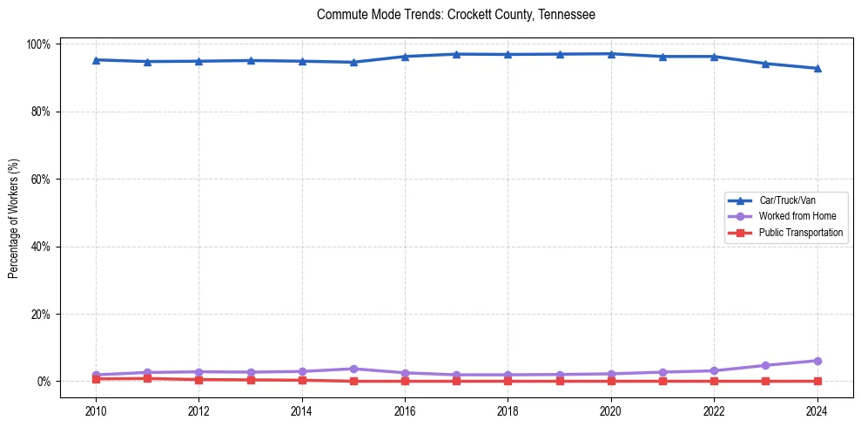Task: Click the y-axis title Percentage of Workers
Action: point(14,218)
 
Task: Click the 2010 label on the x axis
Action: point(96,410)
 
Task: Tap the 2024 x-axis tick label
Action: point(817,410)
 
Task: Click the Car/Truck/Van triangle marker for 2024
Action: point(817,68)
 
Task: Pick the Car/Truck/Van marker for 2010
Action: point(96,60)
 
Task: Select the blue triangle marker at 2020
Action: point(611,54)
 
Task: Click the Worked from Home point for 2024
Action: point(817,361)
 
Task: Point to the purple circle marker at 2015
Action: point(353,369)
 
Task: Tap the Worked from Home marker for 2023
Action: point(765,365)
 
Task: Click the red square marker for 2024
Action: point(817,381)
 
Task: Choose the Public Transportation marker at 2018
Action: point(508,381)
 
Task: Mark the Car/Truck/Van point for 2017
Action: point(456,54)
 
